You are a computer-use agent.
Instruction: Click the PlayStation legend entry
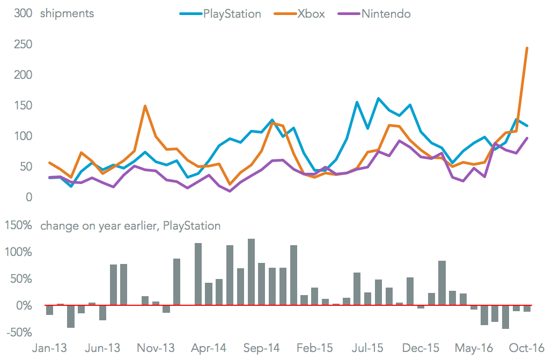tap(232, 14)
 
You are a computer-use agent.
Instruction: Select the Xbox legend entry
tap(311, 14)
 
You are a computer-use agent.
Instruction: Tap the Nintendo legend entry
tap(386, 14)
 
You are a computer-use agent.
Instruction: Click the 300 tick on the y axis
tap(23, 14)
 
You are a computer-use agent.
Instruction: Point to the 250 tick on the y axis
tap(23, 45)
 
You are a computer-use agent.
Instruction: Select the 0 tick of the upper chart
tap(28, 197)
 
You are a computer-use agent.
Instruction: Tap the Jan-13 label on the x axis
tap(50, 348)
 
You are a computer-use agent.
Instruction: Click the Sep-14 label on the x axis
tap(262, 348)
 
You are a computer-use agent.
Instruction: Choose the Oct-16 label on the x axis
tap(526, 348)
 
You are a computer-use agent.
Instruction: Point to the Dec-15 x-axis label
tap(421, 348)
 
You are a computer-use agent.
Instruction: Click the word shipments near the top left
tap(67, 14)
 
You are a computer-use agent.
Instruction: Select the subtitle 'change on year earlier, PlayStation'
tap(130, 226)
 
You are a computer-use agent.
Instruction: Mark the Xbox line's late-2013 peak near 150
tap(145, 106)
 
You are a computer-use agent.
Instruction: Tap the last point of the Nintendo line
tap(527, 138)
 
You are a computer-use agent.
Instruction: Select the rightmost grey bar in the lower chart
tap(527, 308)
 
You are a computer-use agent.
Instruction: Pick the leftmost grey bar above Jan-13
tap(50, 310)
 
